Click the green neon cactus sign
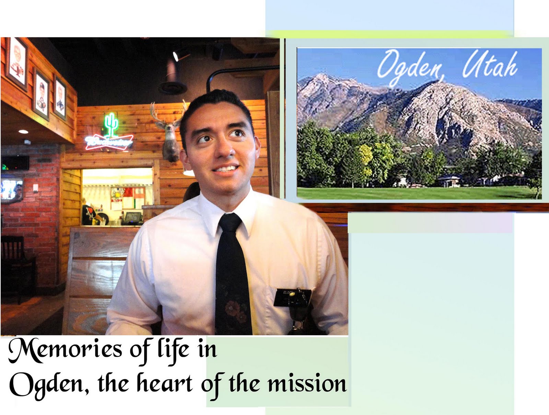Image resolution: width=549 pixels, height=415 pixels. [x=111, y=125]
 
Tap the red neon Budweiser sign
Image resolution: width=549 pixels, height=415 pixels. [x=109, y=142]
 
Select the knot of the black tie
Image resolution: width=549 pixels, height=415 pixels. [x=229, y=223]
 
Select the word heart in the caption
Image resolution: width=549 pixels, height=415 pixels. [x=164, y=383]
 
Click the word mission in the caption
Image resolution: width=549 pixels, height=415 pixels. [x=307, y=383]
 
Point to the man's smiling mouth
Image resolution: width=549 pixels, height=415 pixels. [x=225, y=169]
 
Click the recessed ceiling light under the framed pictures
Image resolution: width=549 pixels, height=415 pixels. [x=23, y=132]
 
